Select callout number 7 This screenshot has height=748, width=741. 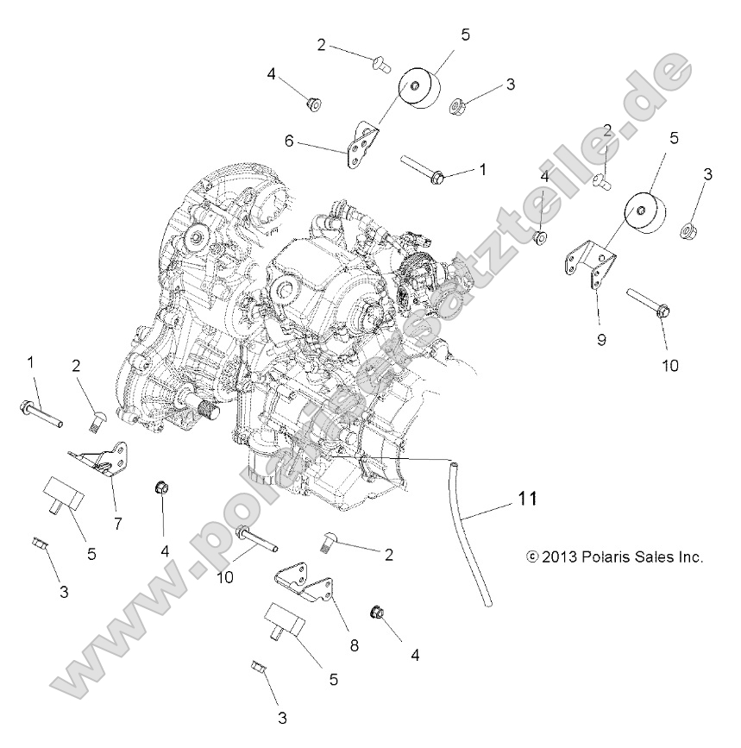[x=117, y=523]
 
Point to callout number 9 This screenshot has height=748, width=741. [x=601, y=339]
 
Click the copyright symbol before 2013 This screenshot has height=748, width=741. [x=530, y=557]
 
